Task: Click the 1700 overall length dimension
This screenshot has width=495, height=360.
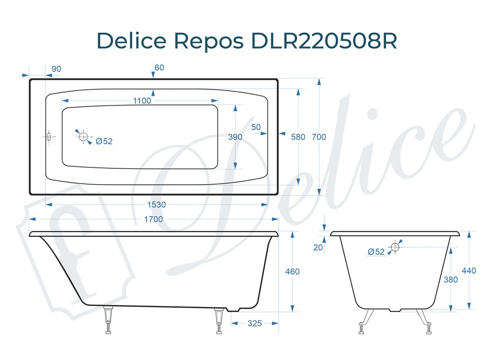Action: click(x=153, y=219)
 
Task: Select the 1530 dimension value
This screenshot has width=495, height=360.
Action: click(x=156, y=205)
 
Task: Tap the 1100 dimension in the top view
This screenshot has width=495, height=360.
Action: click(x=142, y=101)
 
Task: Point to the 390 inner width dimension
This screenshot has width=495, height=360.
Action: click(x=235, y=137)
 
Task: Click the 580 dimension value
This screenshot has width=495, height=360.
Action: click(x=298, y=137)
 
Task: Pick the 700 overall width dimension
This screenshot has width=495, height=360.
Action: click(x=319, y=137)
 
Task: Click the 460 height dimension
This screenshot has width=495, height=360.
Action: click(x=293, y=271)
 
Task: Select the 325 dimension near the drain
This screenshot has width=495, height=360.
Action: click(x=255, y=323)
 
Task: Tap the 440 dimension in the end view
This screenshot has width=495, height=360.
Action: click(x=469, y=271)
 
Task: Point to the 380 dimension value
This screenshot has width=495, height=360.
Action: click(x=450, y=279)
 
